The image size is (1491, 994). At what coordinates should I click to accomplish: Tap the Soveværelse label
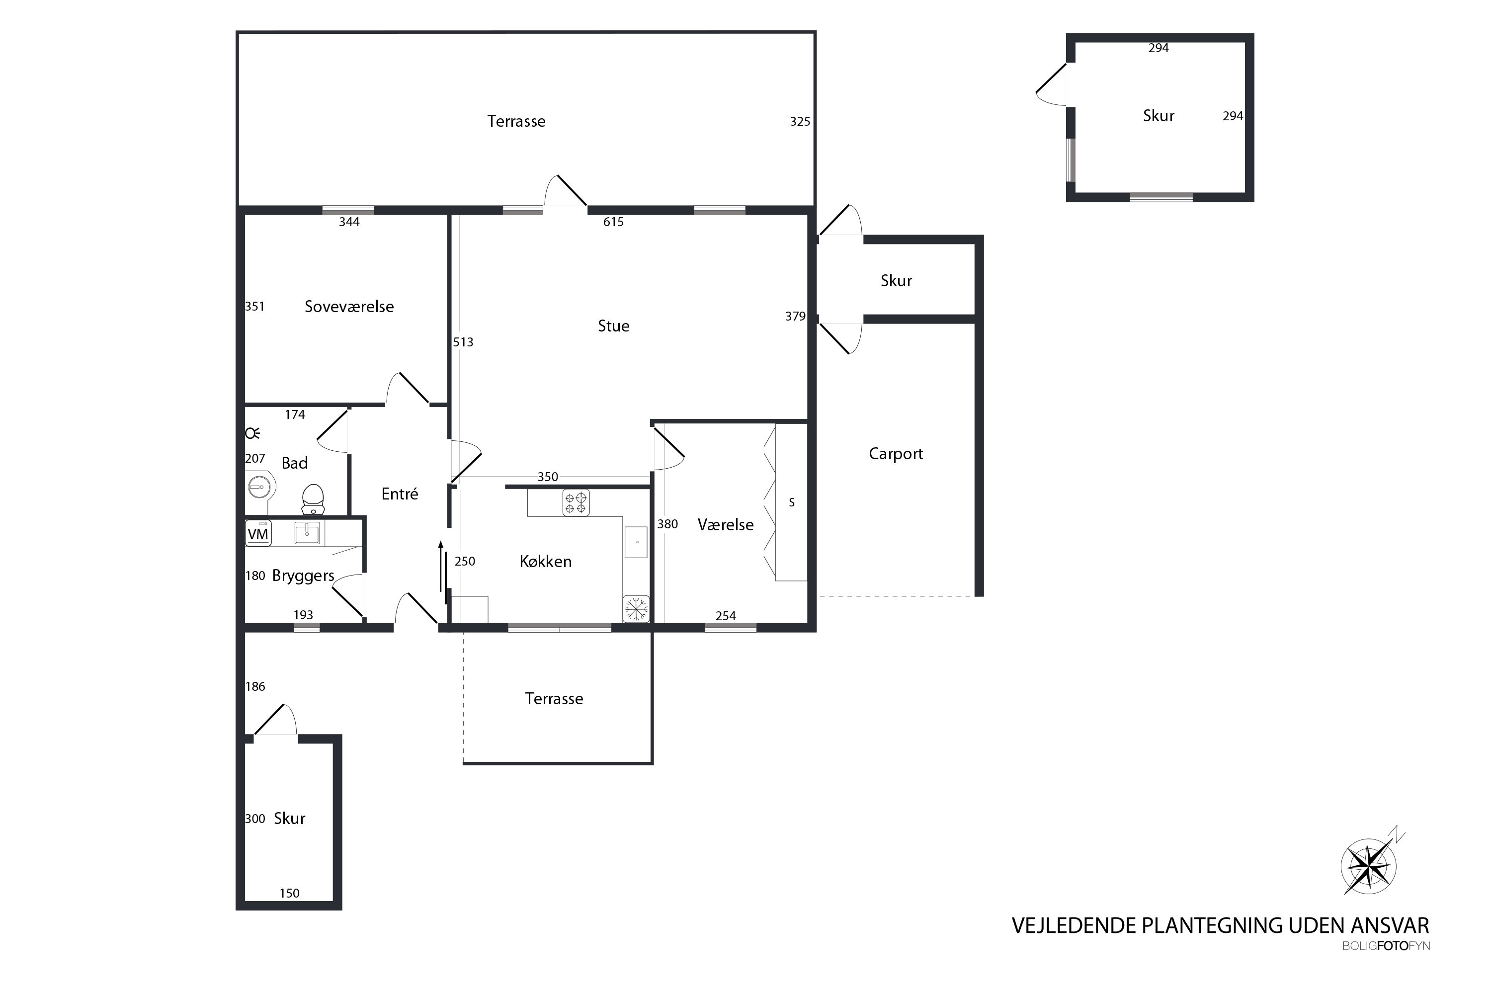(x=349, y=307)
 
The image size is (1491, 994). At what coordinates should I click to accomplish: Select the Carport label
(x=896, y=454)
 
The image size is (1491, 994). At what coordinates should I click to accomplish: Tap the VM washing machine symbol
(x=258, y=533)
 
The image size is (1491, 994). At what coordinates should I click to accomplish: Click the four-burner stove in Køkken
(x=576, y=502)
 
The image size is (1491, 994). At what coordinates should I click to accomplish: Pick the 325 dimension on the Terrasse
(x=800, y=122)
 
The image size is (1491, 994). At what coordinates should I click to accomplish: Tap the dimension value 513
(x=463, y=342)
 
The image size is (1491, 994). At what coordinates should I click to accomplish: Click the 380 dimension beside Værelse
(x=667, y=524)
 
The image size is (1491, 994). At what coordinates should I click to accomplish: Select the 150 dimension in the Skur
(x=289, y=893)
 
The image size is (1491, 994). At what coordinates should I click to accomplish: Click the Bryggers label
(x=303, y=576)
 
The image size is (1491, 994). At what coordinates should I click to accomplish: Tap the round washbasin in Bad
(x=259, y=488)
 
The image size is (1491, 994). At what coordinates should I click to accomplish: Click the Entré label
(x=400, y=494)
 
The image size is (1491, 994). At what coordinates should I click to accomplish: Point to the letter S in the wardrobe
(x=792, y=502)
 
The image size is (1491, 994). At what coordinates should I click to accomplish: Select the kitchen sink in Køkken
(x=636, y=542)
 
